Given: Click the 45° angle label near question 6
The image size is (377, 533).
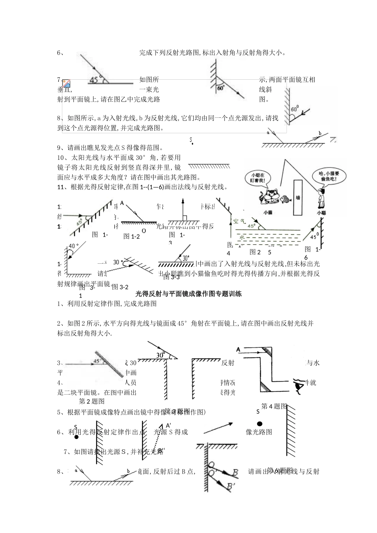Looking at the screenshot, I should coord(94,80).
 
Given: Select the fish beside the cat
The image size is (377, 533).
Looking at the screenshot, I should coord(284,198).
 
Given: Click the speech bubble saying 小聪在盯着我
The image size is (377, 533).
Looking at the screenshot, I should coord(256,178).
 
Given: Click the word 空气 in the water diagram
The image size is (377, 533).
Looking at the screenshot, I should coord(240,221).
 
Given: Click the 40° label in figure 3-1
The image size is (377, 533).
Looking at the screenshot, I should coord(74,245).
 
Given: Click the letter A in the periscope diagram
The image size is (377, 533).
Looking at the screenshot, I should coord(238,349).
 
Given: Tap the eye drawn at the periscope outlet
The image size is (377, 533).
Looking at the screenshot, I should coord(298,383).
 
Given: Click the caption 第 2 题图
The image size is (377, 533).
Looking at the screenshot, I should coord(92,401).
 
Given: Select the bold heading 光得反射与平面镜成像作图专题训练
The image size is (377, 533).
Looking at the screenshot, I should coord(188,294).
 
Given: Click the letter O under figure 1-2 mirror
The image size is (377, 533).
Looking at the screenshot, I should coord(144,230).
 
